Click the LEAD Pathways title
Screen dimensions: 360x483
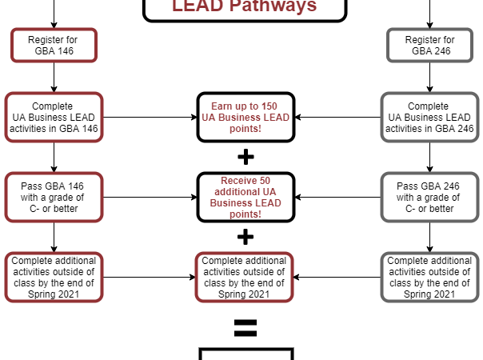pos(245,7)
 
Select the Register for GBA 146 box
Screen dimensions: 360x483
pos(54,45)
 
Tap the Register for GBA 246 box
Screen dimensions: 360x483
pos(429,45)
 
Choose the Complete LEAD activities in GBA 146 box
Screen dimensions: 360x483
pos(54,117)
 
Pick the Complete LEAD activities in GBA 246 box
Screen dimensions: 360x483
pos(429,117)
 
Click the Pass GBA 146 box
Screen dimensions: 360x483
pos(54,197)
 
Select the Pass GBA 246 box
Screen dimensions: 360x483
pos(429,197)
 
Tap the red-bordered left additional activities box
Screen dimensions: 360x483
pos(54,277)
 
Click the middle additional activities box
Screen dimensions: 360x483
pos(245,277)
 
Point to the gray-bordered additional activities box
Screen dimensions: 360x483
pos(429,277)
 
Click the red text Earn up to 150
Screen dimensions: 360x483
pos(245,106)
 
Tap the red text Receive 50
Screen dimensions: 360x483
pos(245,181)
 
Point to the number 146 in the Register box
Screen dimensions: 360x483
pos(65,50)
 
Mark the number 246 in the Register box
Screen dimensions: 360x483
pos(441,50)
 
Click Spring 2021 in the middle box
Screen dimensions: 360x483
pos(245,294)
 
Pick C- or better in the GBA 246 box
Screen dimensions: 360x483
pos(429,209)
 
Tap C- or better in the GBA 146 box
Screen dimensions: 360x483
pos(54,209)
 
